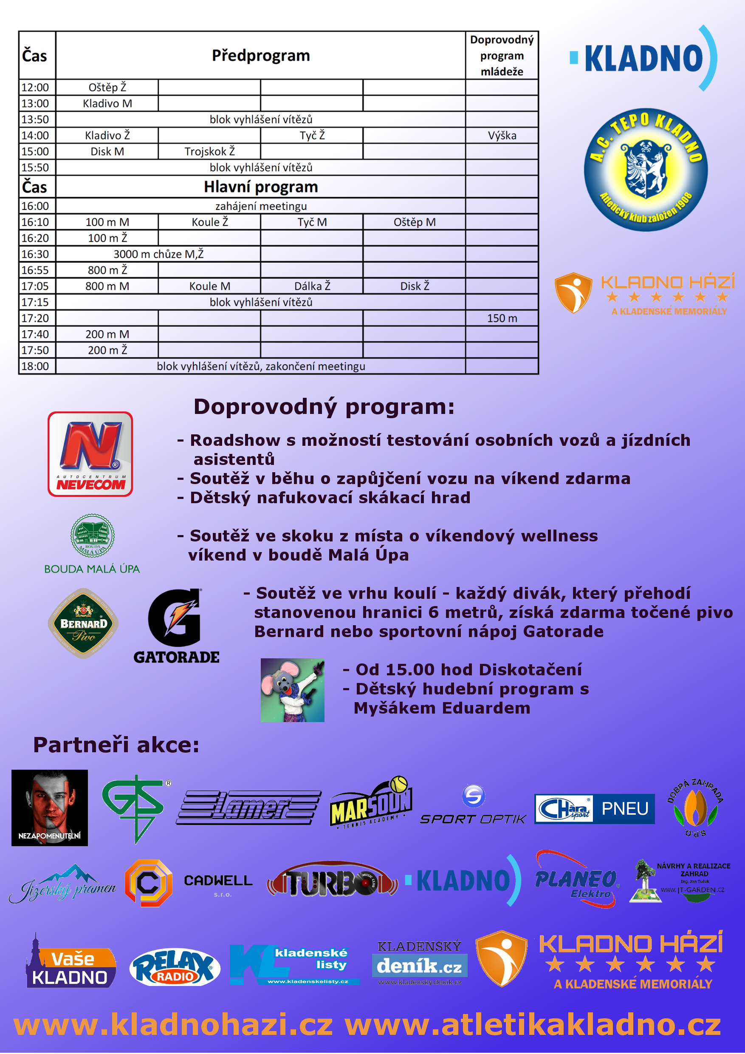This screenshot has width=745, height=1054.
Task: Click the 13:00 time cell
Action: tap(35, 103)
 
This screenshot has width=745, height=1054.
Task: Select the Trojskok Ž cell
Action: tap(209, 151)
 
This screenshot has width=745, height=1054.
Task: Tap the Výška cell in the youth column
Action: tap(502, 136)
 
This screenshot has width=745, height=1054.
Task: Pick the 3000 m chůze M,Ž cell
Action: tap(158, 254)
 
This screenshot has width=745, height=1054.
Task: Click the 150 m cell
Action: tap(502, 318)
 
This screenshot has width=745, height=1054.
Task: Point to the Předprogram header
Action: tap(260, 56)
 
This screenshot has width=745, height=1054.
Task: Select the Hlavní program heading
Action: tap(260, 187)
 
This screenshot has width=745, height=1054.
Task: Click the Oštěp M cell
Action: tap(414, 222)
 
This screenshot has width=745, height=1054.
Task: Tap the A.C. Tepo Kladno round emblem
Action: tap(646, 170)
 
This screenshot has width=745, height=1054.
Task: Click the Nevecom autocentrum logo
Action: tap(90, 454)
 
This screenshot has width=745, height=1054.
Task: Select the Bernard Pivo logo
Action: tap(84, 623)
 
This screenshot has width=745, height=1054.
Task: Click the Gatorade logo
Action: tap(176, 626)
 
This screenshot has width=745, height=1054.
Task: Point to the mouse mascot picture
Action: tap(292, 690)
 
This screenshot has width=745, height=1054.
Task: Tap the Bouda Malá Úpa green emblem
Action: tap(92, 536)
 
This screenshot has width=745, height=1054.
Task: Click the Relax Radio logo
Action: tap(175, 967)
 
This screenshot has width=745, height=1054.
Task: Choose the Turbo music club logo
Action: tap(332, 880)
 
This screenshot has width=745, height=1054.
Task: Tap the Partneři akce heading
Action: tap(116, 745)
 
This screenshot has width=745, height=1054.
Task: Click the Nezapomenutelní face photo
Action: tap(50, 807)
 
